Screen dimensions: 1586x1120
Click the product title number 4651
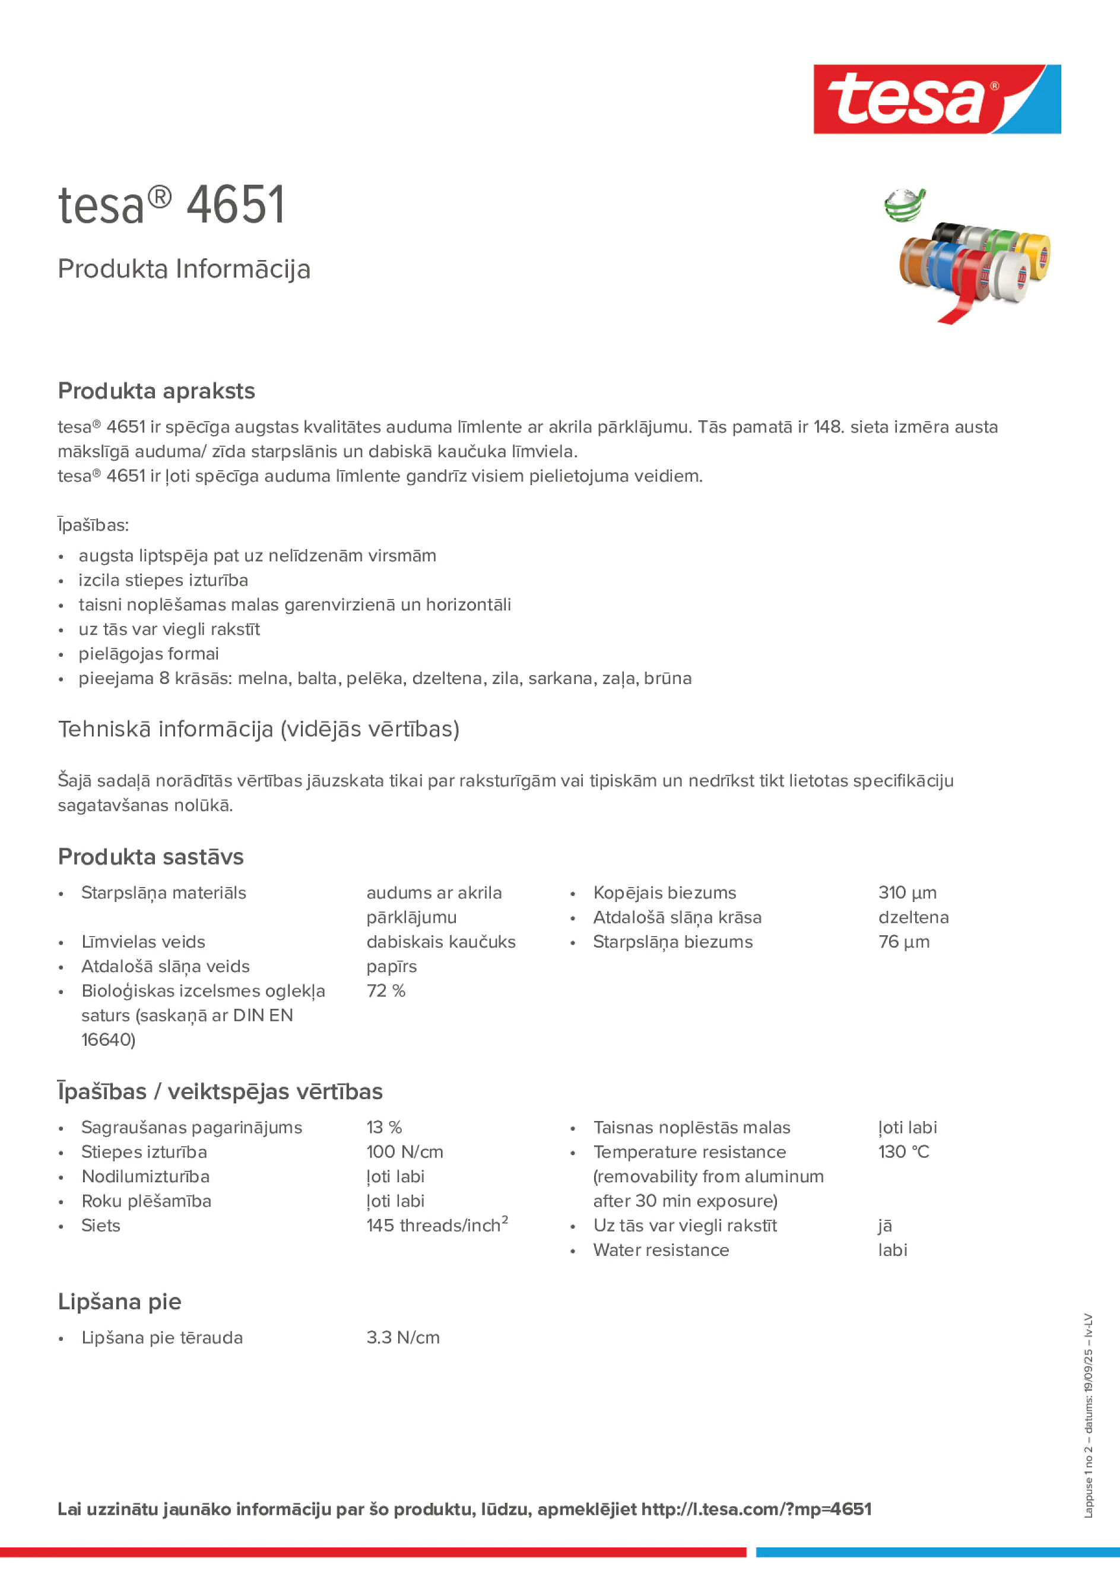tap(236, 205)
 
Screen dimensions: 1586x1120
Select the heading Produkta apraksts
tap(156, 391)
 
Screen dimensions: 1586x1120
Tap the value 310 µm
tap(907, 892)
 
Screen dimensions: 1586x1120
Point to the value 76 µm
tap(903, 942)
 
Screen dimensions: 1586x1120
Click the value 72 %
tap(385, 990)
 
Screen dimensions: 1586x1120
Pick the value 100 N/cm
tap(405, 1151)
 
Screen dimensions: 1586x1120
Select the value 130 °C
tap(903, 1151)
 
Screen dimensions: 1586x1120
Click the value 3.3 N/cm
tap(402, 1337)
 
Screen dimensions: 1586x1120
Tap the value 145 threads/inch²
tap(436, 1226)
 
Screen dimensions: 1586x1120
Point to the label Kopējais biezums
tap(664, 892)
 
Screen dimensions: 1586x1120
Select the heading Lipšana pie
tap(119, 1302)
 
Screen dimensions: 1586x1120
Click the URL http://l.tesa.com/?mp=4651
tap(756, 1509)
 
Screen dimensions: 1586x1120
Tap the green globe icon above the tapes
tap(905, 206)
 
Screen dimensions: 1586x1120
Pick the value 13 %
tap(384, 1128)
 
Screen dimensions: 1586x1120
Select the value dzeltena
tap(913, 917)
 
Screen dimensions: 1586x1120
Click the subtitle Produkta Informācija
tap(183, 269)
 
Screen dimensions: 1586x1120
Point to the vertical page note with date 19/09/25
tap(1088, 1416)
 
